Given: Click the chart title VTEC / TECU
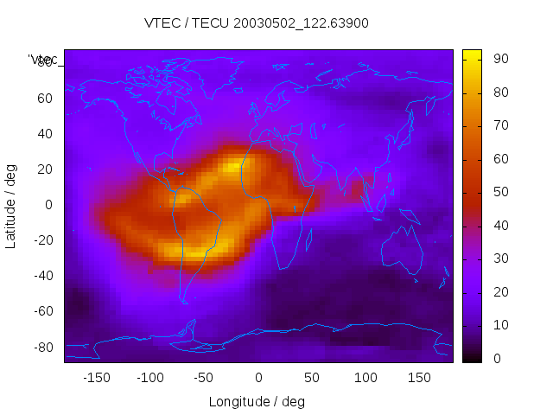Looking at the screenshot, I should click(256, 23).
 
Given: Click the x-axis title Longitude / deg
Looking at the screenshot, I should click(257, 401).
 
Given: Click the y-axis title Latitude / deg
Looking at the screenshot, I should click(11, 205).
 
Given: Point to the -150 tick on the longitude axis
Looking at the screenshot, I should click(97, 378).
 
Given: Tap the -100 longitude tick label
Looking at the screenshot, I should click(150, 378).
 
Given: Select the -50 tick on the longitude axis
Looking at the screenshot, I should click(204, 378).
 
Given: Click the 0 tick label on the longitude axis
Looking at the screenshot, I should click(257, 378).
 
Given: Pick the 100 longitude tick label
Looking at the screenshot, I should click(365, 378).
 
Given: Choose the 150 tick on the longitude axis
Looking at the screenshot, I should click(418, 378).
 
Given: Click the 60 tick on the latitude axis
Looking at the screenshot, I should click(45, 98).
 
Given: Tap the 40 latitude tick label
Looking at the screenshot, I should click(45, 133).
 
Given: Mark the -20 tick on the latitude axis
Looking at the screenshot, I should click(42, 240).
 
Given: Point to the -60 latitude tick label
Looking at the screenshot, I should click(42, 311).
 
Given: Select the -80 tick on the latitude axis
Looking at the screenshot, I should click(42, 347).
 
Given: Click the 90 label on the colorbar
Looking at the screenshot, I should click(499, 59).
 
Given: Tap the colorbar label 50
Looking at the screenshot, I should click(499, 192).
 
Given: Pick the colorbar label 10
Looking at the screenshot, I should click(499, 325).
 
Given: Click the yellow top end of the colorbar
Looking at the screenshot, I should click(472, 54).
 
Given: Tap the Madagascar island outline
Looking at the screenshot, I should click(308, 236).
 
